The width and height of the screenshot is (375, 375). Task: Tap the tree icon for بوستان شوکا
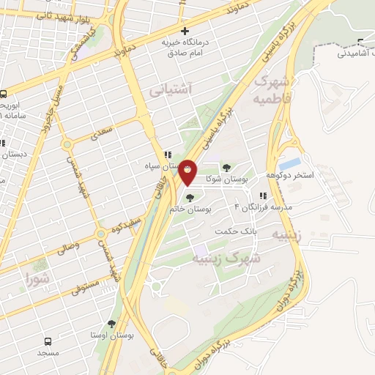226,168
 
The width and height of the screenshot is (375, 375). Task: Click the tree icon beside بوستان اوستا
111,323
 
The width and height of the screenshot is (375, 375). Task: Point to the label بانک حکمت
233,231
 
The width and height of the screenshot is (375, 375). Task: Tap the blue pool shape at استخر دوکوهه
290,163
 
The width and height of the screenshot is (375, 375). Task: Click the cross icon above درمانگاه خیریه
185,31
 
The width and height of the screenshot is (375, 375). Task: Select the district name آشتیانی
170,91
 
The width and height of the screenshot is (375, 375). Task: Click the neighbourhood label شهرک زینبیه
226,259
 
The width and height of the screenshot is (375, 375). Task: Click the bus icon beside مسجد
48,342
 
